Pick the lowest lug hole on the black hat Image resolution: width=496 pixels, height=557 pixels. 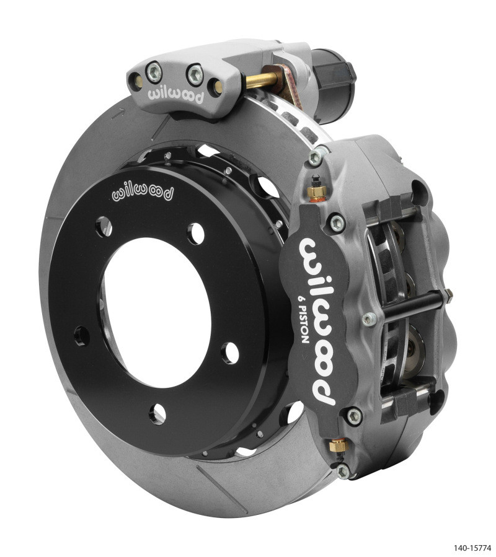[x=157, y=413]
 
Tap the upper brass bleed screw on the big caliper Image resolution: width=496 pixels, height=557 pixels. [x=316, y=191]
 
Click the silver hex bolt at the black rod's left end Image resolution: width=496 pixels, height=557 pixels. [x=369, y=318]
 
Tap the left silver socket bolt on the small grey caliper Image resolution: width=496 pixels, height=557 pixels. [x=155, y=72]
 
